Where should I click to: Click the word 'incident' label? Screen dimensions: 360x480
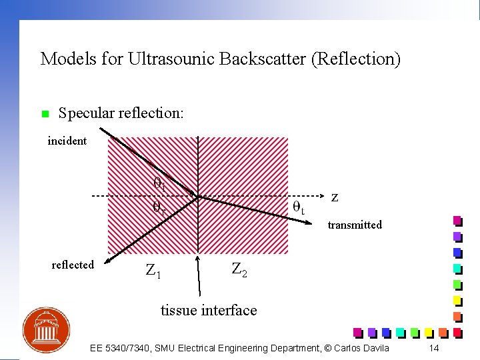pos(67,141)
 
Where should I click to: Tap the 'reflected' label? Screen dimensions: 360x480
pos(73,265)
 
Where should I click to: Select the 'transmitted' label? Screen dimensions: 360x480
pos(355,225)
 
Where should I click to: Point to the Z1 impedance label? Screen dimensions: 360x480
pos(153,271)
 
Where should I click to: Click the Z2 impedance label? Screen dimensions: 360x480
pos(239,269)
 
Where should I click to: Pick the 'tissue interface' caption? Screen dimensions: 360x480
pos(209,310)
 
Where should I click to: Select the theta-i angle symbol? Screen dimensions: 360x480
pos(159,182)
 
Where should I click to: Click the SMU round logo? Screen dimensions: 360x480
pos(46,330)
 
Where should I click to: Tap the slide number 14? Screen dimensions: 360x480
pos(434,348)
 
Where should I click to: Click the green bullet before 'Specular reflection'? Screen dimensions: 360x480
pos(45,114)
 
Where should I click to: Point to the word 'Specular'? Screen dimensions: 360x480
pos(85,113)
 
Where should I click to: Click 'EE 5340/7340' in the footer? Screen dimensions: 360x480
pos(119,348)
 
